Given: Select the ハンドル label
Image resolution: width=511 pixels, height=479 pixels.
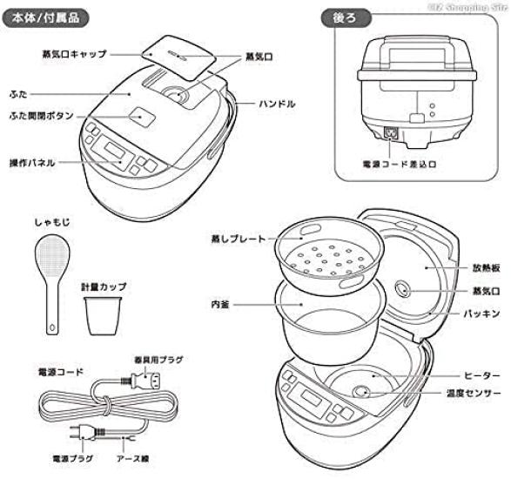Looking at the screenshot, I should coord(277,104).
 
